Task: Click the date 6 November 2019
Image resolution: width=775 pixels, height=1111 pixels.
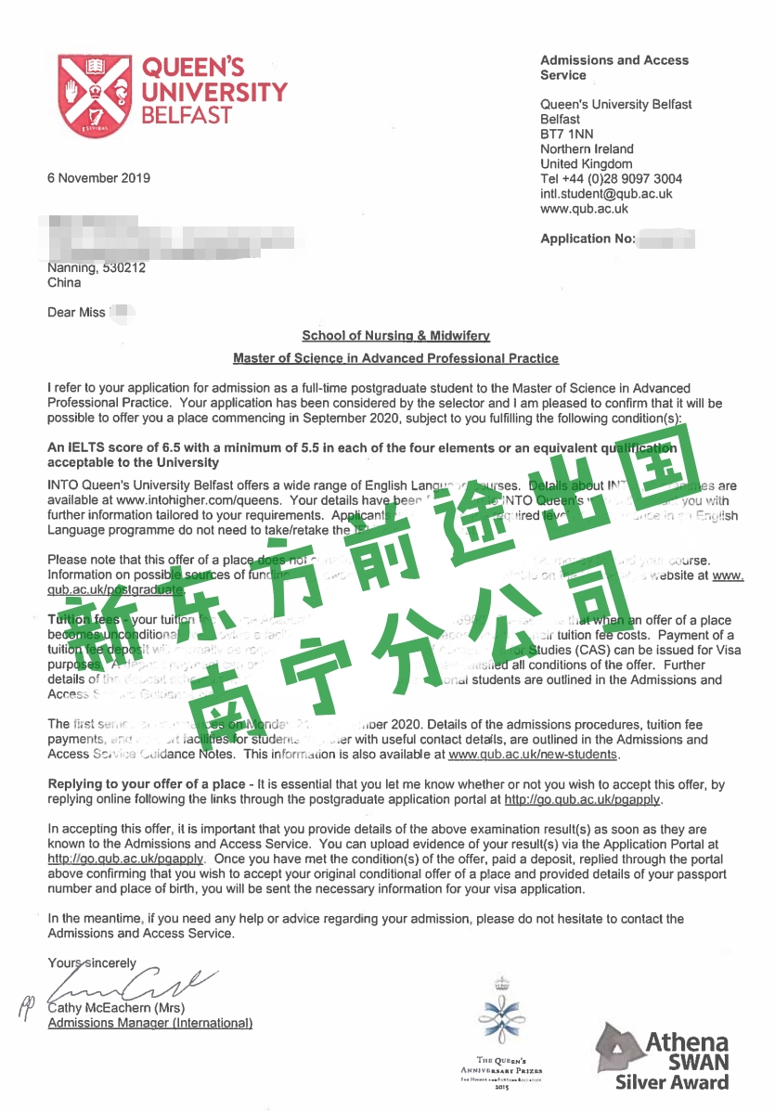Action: coord(98,178)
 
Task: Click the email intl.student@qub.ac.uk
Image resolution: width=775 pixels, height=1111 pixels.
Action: coord(606,194)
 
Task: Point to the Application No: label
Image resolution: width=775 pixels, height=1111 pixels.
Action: coord(588,239)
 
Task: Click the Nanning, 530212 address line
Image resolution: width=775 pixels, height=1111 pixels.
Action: coord(97,268)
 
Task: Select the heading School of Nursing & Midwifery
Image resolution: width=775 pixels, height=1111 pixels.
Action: coord(395,336)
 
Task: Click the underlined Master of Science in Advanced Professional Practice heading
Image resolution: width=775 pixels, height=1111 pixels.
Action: coord(395,358)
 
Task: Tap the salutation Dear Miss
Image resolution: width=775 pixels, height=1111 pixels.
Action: coord(76,313)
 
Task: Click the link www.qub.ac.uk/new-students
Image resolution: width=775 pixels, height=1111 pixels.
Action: coord(533,755)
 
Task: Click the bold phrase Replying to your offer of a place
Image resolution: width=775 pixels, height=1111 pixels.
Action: coord(144,784)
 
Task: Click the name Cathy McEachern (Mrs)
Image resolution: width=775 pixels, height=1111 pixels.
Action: coord(116,1008)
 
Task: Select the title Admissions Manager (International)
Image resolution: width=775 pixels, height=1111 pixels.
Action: coord(149,1023)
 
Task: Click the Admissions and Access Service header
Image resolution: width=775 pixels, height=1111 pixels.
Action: coord(614,68)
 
